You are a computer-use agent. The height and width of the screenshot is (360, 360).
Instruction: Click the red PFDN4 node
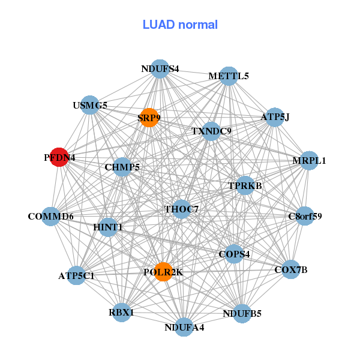pyautogui.click(x=58, y=157)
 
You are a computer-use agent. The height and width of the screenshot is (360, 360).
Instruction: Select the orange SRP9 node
pyautogui.click(x=149, y=118)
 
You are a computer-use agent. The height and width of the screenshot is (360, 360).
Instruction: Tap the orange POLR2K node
pyautogui.click(x=163, y=272)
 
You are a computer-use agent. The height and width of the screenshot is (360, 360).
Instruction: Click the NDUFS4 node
pyautogui.click(x=160, y=68)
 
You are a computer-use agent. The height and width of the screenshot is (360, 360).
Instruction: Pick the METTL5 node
pyautogui.click(x=229, y=76)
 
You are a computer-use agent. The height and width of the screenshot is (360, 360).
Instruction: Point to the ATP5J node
pyautogui.click(x=274, y=117)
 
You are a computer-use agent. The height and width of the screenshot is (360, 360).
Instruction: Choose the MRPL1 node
pyautogui.click(x=308, y=160)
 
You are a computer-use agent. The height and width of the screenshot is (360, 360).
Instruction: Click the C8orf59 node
pyautogui.click(x=305, y=215)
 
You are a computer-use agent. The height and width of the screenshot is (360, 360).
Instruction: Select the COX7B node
pyautogui.click(x=290, y=269)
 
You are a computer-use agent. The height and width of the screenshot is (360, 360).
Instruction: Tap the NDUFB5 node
pyautogui.click(x=242, y=313)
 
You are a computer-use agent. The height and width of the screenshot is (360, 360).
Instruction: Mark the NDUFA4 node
pyautogui.click(x=185, y=327)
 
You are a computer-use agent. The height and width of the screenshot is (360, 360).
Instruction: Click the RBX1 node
pyautogui.click(x=121, y=313)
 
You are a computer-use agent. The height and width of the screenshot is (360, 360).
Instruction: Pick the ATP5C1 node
pyautogui.click(x=76, y=275)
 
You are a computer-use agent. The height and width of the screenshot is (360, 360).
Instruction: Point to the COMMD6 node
pyautogui.click(x=50, y=216)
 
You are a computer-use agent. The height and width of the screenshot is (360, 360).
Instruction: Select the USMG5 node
pyautogui.click(x=90, y=105)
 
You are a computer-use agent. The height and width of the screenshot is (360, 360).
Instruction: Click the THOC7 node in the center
pyautogui.click(x=181, y=209)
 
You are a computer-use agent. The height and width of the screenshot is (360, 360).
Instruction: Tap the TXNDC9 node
pyautogui.click(x=211, y=130)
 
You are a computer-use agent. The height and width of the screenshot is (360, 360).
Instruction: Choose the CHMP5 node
pyautogui.click(x=122, y=167)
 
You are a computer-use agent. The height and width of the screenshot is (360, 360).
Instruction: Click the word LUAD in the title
pyautogui.click(x=158, y=25)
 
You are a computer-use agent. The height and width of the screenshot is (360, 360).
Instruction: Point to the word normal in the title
pyautogui.click(x=197, y=25)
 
